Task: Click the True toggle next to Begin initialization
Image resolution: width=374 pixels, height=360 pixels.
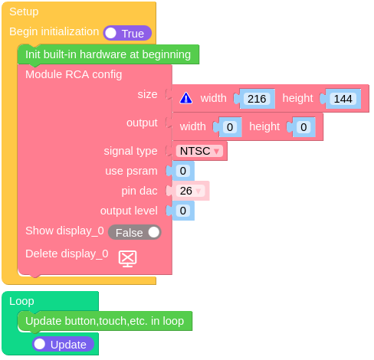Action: pos(127,33)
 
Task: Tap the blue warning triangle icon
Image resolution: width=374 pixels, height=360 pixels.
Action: pos(186,98)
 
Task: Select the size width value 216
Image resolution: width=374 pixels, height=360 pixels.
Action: pos(257,99)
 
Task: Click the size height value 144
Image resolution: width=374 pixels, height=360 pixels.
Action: pos(343,99)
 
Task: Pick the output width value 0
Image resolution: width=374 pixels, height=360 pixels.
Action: pos(230,127)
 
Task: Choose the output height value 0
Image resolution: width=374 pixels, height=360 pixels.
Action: pos(303,127)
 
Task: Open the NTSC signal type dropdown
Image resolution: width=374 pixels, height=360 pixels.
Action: pos(199,151)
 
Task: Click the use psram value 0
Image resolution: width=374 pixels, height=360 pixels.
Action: pos(183,171)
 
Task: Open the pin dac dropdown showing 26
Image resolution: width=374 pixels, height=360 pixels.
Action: pos(191,191)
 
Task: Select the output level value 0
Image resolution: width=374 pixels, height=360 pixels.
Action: pos(183,211)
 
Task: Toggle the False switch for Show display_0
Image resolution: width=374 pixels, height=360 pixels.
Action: pos(135,232)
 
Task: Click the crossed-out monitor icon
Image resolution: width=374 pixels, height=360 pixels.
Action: pos(127,259)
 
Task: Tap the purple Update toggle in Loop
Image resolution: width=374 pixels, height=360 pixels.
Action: pos(63,344)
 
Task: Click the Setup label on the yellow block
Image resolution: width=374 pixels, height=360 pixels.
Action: pos(24,11)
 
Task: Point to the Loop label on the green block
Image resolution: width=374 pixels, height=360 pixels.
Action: pos(21,301)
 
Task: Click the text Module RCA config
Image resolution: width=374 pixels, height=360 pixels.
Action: pos(74,74)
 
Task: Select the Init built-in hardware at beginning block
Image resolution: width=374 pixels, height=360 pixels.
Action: pos(108,54)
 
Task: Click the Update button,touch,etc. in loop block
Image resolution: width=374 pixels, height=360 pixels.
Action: pos(105,321)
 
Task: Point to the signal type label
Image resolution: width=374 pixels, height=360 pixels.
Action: pos(130,151)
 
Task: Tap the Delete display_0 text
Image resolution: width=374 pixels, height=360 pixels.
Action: pos(67,254)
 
